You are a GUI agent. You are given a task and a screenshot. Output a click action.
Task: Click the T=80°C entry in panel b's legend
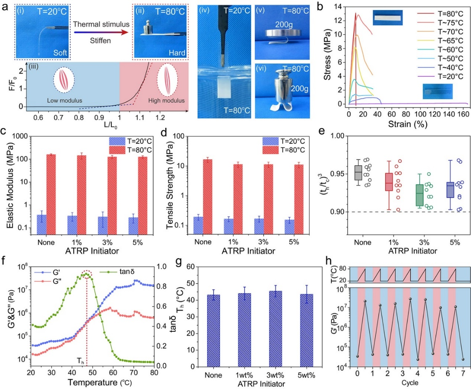[440, 13]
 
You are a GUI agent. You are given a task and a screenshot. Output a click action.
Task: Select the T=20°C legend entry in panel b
[440, 76]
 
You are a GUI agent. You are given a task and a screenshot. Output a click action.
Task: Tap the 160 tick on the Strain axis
[463, 114]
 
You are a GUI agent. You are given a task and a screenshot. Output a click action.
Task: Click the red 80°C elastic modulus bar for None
[51, 194]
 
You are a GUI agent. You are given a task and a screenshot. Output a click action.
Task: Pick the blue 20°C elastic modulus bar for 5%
[133, 226]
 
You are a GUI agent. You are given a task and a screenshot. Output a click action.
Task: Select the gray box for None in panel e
[358, 173]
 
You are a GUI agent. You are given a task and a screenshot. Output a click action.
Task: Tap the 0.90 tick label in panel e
[337, 212]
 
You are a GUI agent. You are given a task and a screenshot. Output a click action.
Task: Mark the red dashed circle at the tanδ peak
[87, 274]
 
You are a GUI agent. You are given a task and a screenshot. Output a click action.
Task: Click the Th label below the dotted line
[80, 360]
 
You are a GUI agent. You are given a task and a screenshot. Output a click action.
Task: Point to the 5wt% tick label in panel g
[307, 375]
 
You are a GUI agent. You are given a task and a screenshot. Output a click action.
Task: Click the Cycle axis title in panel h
[410, 383]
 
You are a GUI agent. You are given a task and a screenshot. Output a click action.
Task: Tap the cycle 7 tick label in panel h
[463, 373]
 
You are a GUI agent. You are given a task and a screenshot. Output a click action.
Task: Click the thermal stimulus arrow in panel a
[101, 32]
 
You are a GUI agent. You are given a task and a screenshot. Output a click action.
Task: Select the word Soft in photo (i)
[60, 53]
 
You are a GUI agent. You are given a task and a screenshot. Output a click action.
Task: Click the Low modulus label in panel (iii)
[65, 101]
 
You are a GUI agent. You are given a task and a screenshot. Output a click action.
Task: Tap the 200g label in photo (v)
[284, 24]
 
